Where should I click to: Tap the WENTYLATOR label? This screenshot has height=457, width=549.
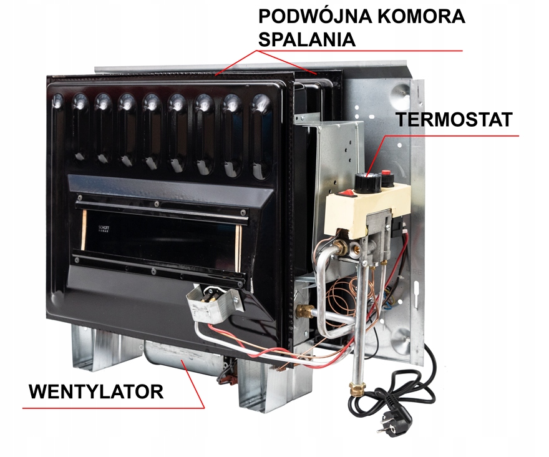tap(96, 392)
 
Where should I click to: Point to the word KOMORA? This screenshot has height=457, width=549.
tap(424, 17)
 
